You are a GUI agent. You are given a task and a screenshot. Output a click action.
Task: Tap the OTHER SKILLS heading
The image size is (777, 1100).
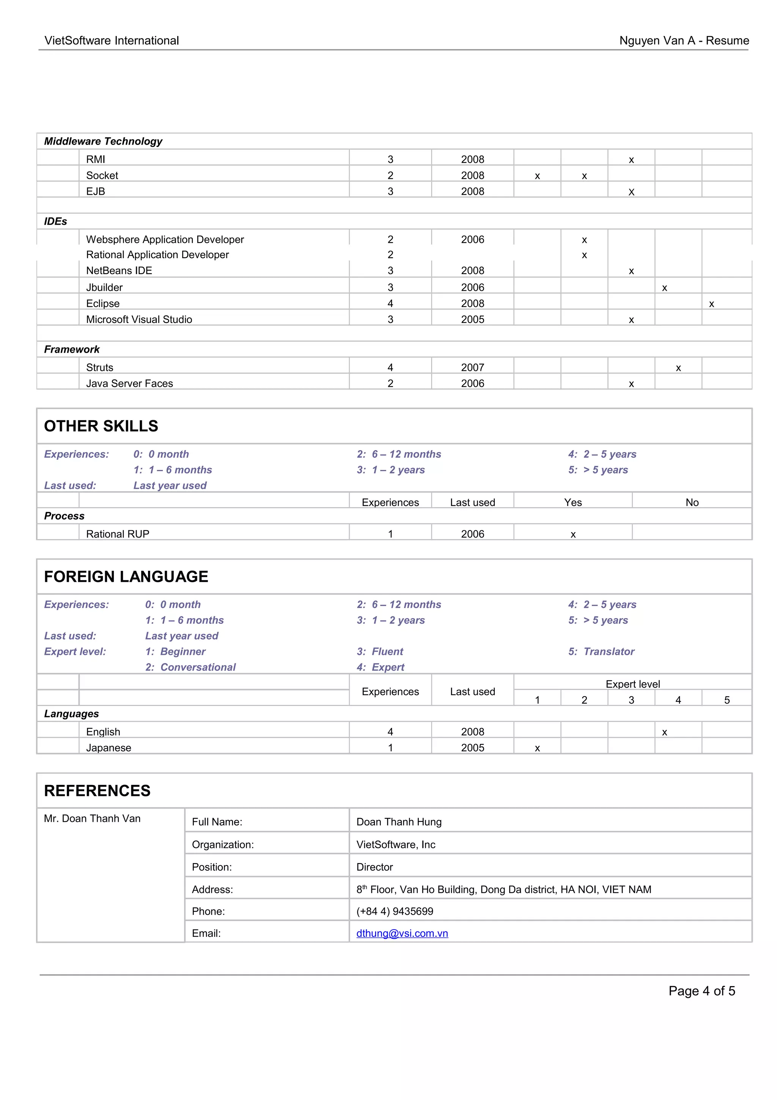tap(101, 426)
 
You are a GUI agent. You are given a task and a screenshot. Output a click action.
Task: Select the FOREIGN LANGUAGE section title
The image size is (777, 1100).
tap(126, 576)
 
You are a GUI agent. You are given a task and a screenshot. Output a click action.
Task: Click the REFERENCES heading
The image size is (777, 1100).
tap(97, 791)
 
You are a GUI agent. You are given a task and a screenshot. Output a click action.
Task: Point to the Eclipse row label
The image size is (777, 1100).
tap(102, 303)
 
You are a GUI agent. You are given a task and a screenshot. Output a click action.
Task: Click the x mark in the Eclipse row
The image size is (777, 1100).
tap(711, 304)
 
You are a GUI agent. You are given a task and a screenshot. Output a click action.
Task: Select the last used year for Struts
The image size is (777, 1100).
tap(472, 367)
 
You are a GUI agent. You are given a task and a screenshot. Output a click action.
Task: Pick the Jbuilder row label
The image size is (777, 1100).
tap(104, 287)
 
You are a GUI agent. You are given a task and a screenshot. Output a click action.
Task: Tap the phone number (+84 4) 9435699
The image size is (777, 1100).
tap(395, 911)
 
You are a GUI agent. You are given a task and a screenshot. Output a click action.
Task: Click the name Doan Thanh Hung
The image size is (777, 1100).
tap(399, 822)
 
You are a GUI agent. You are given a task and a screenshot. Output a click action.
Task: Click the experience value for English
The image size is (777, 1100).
tap(390, 731)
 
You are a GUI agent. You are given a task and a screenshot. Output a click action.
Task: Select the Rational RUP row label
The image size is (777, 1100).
tap(117, 534)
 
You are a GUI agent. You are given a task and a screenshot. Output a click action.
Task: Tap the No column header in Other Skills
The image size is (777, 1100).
tap(692, 502)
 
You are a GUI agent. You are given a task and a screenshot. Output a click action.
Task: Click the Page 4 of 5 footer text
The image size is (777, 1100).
tap(702, 991)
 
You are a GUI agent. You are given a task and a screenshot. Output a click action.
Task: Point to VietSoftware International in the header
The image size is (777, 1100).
tap(112, 41)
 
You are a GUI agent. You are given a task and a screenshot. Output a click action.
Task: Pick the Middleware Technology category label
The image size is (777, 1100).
tap(103, 141)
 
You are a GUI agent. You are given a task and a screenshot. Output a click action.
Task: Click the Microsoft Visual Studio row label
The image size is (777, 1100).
tap(139, 320)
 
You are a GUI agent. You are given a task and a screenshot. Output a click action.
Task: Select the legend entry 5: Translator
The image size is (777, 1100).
tap(601, 652)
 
